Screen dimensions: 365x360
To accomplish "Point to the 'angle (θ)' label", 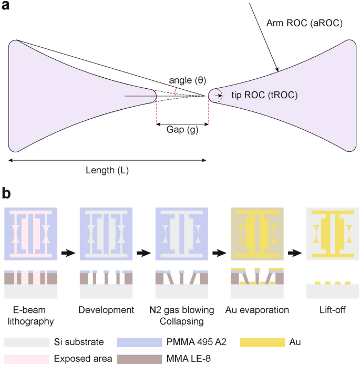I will point(187,80).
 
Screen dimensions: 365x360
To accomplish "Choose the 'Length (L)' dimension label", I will point(107,170).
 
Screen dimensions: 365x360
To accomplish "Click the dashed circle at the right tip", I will point(215,96).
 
